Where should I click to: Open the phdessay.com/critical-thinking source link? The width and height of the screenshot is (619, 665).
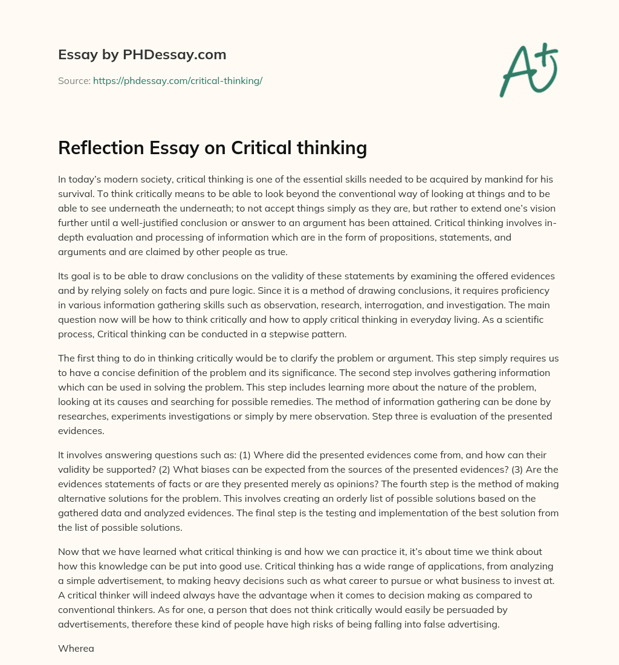click(x=177, y=80)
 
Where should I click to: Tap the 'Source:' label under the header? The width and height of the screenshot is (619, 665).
click(x=74, y=80)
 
